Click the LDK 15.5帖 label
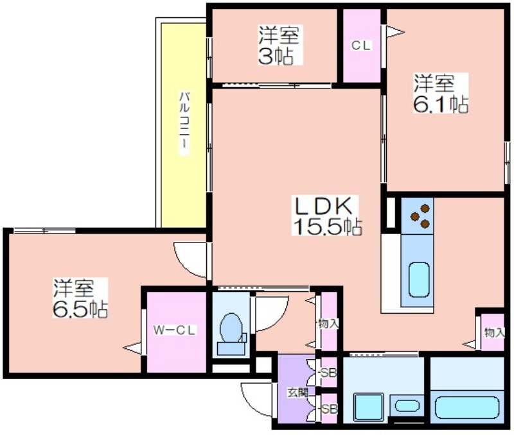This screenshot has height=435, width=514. coord(327,216)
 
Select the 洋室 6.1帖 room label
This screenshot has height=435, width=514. coord(440,93)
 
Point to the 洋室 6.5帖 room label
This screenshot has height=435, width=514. coord(80,298)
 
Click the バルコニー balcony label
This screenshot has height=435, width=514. coord(184,124)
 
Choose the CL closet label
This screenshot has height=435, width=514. coord(361,46)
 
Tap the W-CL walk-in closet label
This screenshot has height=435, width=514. coord(174,330)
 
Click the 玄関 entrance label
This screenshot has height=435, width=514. coord(297,393)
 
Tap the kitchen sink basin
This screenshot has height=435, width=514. coord(419,279)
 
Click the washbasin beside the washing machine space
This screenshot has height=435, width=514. coord(407,406)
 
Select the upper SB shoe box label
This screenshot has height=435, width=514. coord(328,373)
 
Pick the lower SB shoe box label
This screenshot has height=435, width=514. coord(328,409)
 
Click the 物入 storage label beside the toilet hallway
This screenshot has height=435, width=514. coord(328,324)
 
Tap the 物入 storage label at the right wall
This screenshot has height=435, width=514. coord(494,332)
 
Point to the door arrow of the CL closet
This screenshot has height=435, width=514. coord(395,31)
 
